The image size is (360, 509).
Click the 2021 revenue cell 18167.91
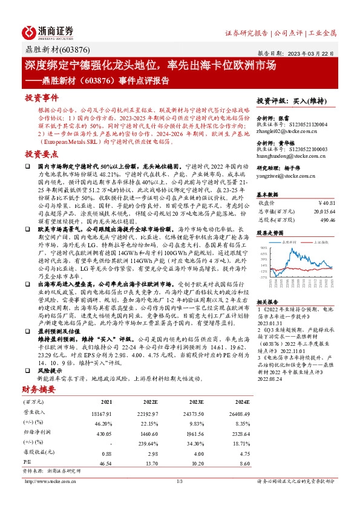[102, 395]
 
